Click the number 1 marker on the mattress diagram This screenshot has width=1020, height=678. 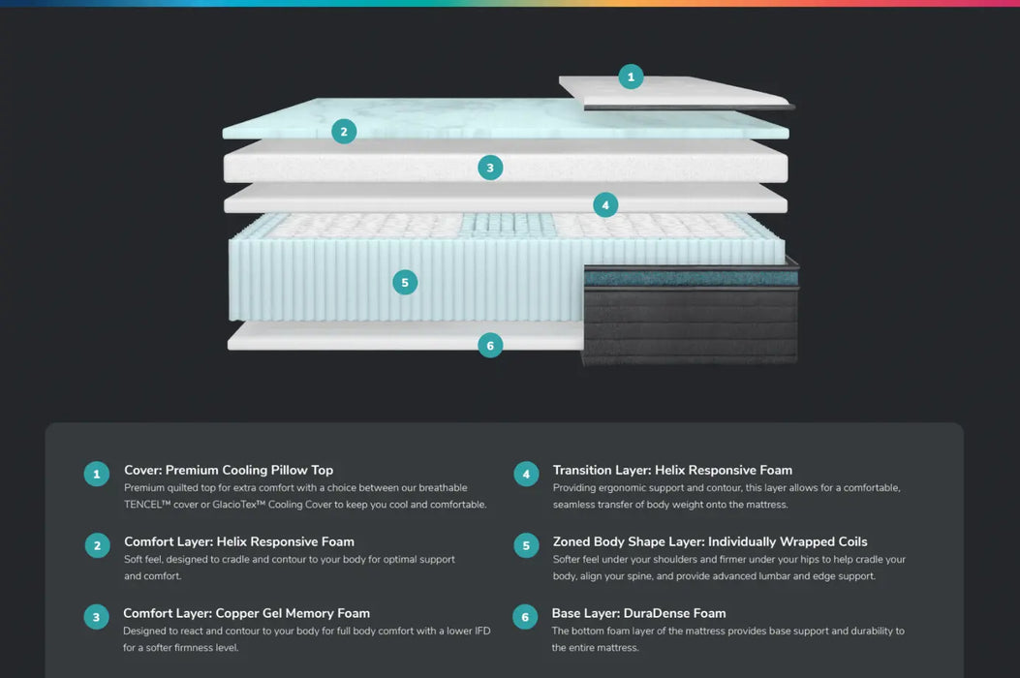click(x=631, y=77)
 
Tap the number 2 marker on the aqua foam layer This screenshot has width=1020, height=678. click(x=344, y=132)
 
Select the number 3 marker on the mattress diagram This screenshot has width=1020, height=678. click(x=490, y=168)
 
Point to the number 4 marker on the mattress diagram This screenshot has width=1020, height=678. click(x=605, y=204)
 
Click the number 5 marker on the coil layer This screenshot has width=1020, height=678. click(x=405, y=283)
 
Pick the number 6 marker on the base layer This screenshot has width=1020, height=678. click(x=490, y=345)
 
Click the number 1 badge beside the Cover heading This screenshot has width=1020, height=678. click(x=96, y=474)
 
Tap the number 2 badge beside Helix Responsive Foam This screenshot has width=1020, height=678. click(x=96, y=545)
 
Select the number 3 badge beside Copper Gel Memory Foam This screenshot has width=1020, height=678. click(x=96, y=617)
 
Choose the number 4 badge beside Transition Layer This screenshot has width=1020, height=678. click(x=526, y=474)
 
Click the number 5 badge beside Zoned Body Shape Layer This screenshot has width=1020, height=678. click(x=526, y=545)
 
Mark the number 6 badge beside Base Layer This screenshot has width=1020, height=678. click(x=525, y=617)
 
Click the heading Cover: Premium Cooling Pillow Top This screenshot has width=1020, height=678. click(x=229, y=470)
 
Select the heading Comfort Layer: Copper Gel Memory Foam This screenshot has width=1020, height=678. click(x=246, y=613)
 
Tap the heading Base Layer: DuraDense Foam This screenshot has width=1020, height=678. click(x=638, y=613)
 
